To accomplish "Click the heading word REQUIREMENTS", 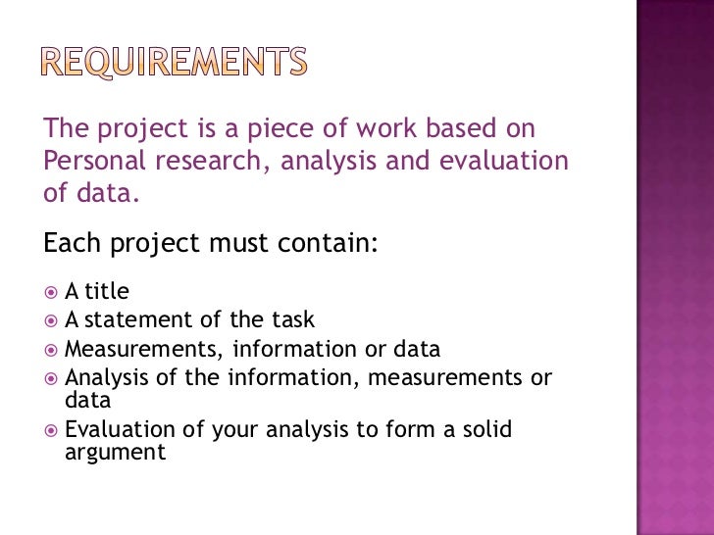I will (174, 64).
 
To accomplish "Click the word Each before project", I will (75, 242).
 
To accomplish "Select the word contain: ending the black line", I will (330, 242).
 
